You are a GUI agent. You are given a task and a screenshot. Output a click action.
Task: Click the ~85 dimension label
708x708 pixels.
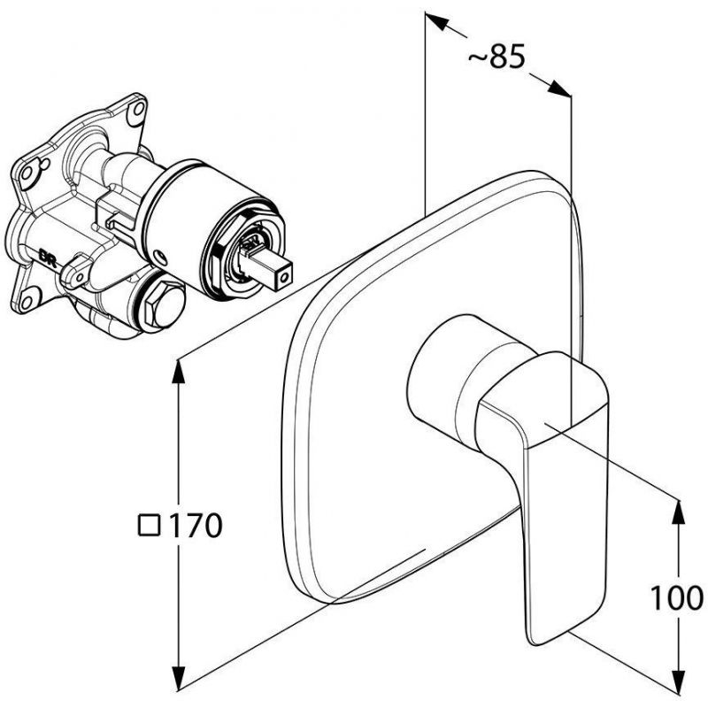496,57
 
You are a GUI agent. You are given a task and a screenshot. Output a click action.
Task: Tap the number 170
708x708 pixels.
195,525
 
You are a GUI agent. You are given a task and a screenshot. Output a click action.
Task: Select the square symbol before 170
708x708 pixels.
150,525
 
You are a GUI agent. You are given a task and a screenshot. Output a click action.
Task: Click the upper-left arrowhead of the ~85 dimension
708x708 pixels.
437,20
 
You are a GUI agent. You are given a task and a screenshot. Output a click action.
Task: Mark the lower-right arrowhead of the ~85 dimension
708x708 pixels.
559,88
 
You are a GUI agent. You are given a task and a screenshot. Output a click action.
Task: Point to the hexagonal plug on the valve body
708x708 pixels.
164,304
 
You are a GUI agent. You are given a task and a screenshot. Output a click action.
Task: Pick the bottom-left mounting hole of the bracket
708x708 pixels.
27,302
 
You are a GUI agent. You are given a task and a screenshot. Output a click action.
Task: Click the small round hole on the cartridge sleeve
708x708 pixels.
160,258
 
